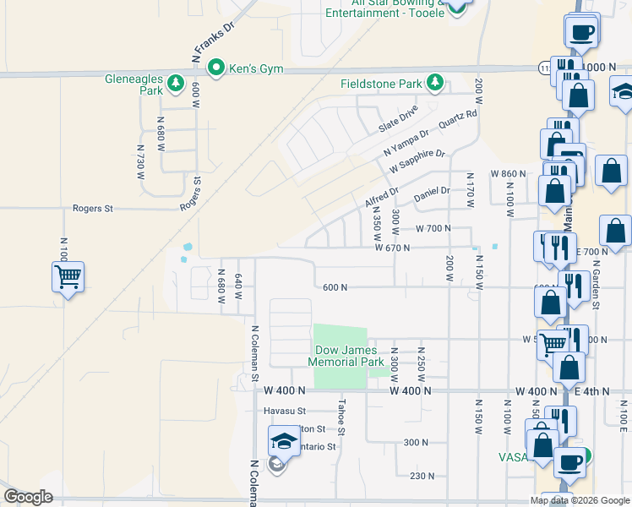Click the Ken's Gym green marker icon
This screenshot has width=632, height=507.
(x=215, y=68)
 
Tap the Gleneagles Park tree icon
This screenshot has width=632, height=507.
(x=176, y=83)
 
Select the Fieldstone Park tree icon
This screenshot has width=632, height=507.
(x=435, y=83)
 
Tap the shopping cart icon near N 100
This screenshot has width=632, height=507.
(x=68, y=275)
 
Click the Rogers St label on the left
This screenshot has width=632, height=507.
(x=93, y=208)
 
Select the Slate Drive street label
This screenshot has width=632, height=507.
(x=398, y=119)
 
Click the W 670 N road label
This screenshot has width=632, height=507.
(x=392, y=248)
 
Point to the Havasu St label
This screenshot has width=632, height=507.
(x=282, y=411)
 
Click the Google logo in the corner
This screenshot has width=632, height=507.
(x=29, y=497)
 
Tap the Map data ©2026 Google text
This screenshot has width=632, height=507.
(x=580, y=500)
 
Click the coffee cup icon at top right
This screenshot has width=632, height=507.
(x=581, y=32)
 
